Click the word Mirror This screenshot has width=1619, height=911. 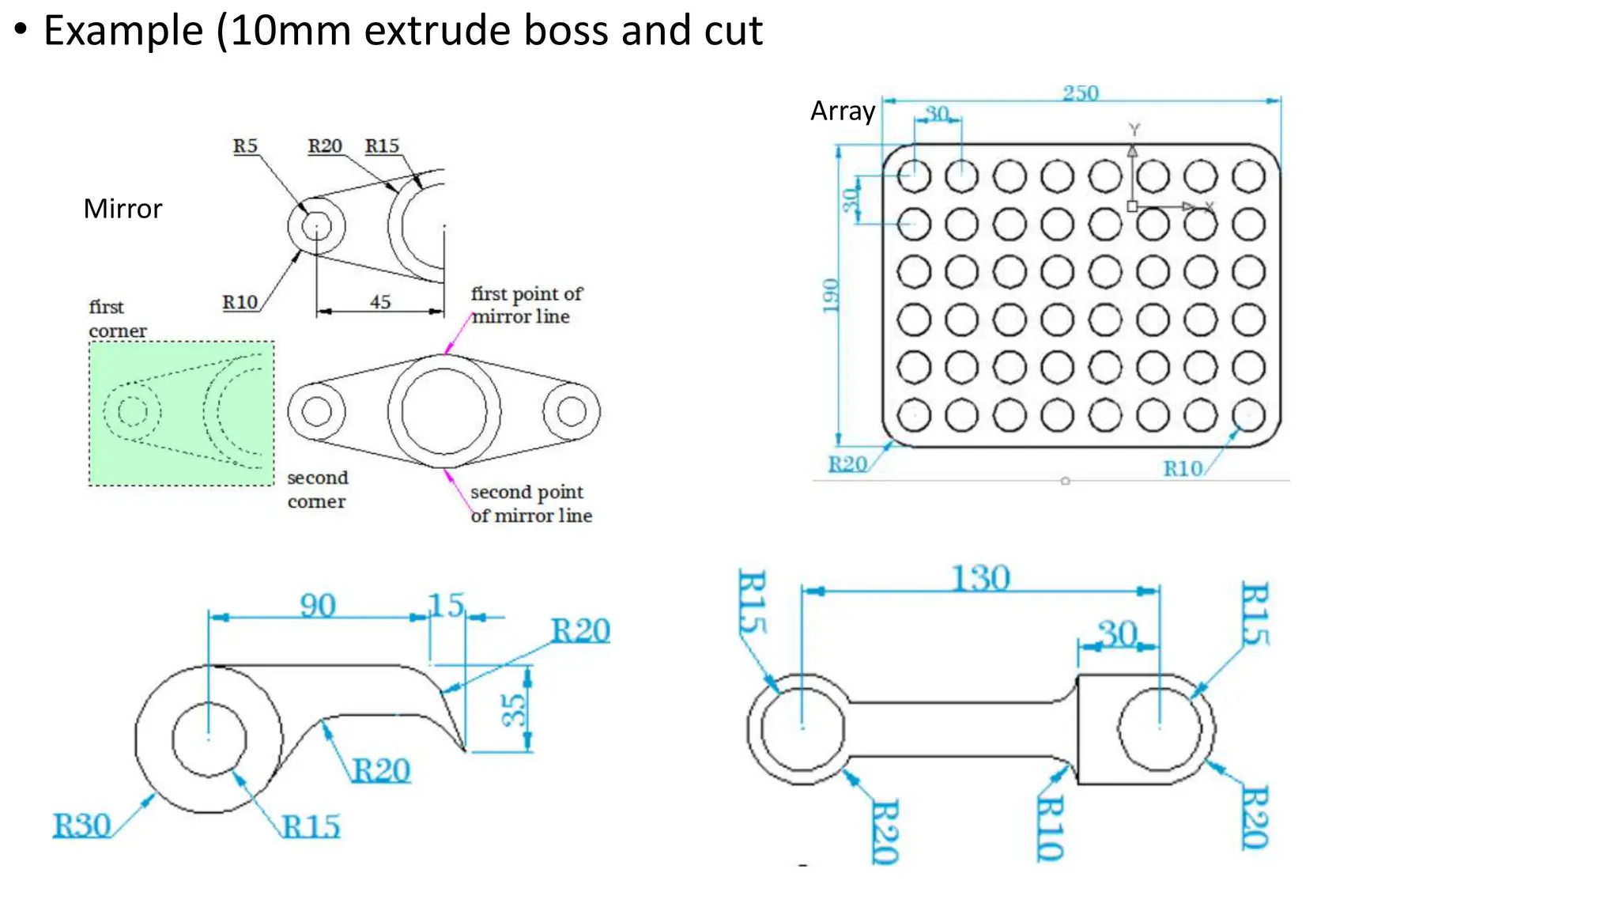(123, 209)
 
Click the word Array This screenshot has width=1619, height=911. (843, 111)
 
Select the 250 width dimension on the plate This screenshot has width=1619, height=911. (1081, 93)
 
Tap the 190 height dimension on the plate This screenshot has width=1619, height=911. (829, 295)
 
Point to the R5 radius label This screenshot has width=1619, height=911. (245, 146)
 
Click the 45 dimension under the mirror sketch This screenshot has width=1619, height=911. (380, 301)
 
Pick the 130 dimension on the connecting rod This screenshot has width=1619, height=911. (980, 578)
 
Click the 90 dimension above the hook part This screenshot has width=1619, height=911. (318, 606)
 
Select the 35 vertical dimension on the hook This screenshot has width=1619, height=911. (514, 709)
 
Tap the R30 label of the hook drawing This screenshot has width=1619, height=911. (81, 826)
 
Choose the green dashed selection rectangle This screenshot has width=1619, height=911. (181, 414)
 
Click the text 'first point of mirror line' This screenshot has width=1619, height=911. (526, 305)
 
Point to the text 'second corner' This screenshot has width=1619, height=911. (317, 490)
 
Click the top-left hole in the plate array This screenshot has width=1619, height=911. (914, 176)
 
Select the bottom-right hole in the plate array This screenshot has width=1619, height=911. (1249, 414)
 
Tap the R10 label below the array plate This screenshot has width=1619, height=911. (1183, 469)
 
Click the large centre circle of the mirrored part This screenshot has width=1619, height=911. (443, 411)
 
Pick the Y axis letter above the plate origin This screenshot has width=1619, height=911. (1134, 129)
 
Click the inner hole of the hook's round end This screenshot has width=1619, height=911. (209, 739)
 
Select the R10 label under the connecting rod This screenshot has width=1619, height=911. (1050, 828)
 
